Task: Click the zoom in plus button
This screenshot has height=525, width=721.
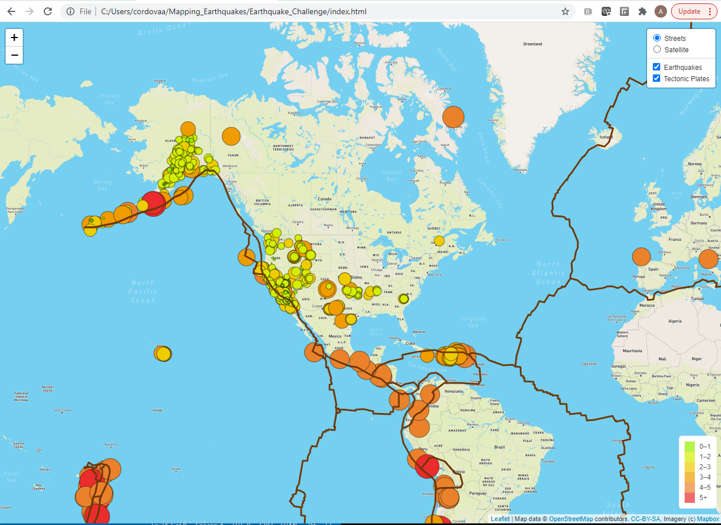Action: coord(14,37)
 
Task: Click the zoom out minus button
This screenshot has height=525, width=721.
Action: coord(14,55)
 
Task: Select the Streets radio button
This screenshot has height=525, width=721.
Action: coord(657,38)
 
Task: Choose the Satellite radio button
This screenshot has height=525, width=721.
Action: coord(657,50)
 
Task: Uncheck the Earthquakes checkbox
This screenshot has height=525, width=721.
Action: coord(656,67)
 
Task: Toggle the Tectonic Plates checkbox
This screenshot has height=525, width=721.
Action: coord(656,78)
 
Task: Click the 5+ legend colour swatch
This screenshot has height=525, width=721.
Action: coord(689,498)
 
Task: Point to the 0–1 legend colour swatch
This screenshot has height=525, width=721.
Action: coord(689,446)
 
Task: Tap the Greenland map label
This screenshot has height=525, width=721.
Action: coord(532,44)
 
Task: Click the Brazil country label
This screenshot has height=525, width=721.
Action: coord(500,447)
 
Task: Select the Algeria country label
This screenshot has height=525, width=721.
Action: coord(674,321)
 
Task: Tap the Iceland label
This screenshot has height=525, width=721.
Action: coord(607,137)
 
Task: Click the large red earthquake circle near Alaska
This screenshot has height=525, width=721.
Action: coord(153,203)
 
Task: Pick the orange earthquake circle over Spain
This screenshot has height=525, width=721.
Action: coord(641,257)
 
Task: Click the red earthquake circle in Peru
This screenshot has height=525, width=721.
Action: coord(427,467)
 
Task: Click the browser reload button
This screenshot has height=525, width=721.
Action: coord(48,11)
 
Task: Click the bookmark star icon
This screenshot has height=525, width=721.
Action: coord(565,11)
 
